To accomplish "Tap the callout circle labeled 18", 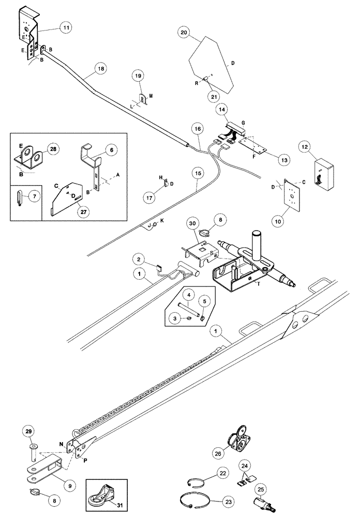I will click(x=102, y=68).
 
